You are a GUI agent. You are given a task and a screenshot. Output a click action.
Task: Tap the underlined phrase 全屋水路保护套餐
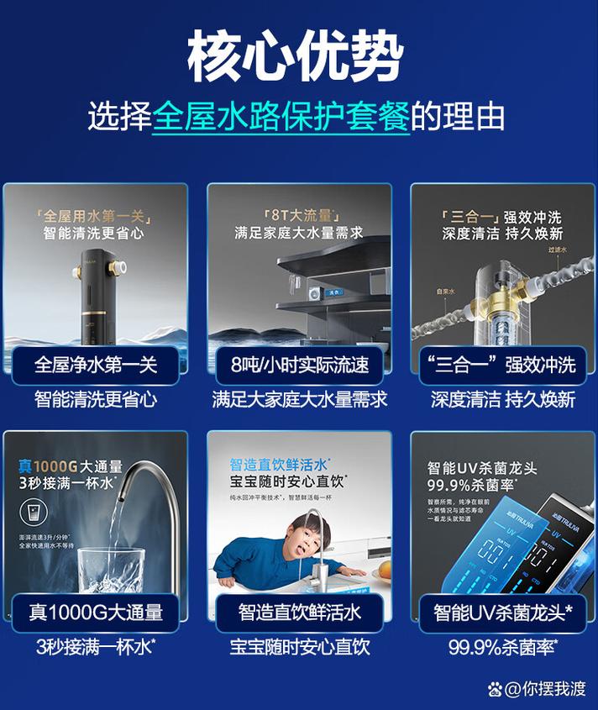281,116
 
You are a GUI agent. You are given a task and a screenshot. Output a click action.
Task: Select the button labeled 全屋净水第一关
96,366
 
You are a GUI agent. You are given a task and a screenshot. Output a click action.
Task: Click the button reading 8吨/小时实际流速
299,366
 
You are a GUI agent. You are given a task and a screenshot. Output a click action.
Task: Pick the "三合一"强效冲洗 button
502,366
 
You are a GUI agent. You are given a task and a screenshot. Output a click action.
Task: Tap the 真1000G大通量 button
96,612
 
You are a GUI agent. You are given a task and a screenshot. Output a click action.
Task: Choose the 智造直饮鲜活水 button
299,612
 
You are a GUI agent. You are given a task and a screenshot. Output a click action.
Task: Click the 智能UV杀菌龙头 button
502,612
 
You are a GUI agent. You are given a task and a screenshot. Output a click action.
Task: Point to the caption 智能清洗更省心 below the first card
96,399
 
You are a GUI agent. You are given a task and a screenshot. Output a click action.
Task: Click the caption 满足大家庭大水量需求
299,399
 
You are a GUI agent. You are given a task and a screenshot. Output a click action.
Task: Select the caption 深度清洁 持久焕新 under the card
502,399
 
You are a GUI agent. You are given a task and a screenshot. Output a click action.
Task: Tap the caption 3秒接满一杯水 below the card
96,647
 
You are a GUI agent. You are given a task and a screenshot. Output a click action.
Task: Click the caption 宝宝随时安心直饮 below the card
299,647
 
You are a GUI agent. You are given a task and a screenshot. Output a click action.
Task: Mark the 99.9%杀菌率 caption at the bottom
502,647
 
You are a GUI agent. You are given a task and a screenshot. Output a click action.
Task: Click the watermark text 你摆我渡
555,689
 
